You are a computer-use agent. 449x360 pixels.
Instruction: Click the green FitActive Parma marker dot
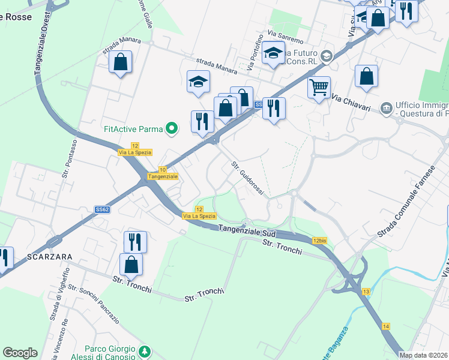point(172,128)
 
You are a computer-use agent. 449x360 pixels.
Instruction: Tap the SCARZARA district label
point(50,257)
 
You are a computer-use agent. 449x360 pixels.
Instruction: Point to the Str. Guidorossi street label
point(248,178)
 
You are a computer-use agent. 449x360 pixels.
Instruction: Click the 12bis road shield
point(320,241)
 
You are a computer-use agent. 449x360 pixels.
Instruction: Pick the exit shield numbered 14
point(385,326)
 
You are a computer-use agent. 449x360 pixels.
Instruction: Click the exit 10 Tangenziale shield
point(163,173)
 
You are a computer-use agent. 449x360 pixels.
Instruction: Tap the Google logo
point(20,353)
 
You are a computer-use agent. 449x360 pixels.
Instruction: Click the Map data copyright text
point(424,355)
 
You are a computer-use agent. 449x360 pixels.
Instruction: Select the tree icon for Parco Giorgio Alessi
point(144,351)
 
